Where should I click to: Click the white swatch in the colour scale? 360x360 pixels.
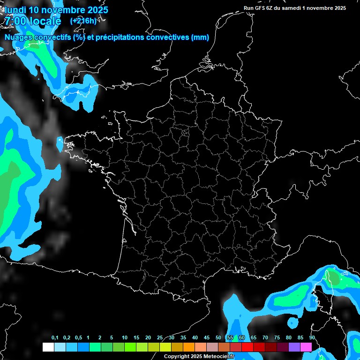point(48,347)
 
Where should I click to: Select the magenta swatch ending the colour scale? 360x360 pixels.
point(306,347)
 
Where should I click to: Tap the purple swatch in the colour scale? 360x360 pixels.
point(294,347)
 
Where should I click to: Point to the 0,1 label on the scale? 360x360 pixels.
point(55,338)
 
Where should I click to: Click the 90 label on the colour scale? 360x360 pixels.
point(312,338)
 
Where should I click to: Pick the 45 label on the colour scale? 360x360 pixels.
point(207,338)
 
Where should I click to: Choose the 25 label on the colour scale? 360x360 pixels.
point(160,338)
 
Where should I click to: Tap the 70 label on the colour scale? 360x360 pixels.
point(265,338)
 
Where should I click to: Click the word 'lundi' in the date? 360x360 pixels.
point(15,10)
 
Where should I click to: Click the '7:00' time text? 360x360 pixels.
point(15,22)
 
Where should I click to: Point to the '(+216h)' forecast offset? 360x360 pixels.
point(83,21)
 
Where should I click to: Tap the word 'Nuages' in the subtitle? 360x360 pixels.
point(19,37)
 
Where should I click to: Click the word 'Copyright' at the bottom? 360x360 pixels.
point(177,356)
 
